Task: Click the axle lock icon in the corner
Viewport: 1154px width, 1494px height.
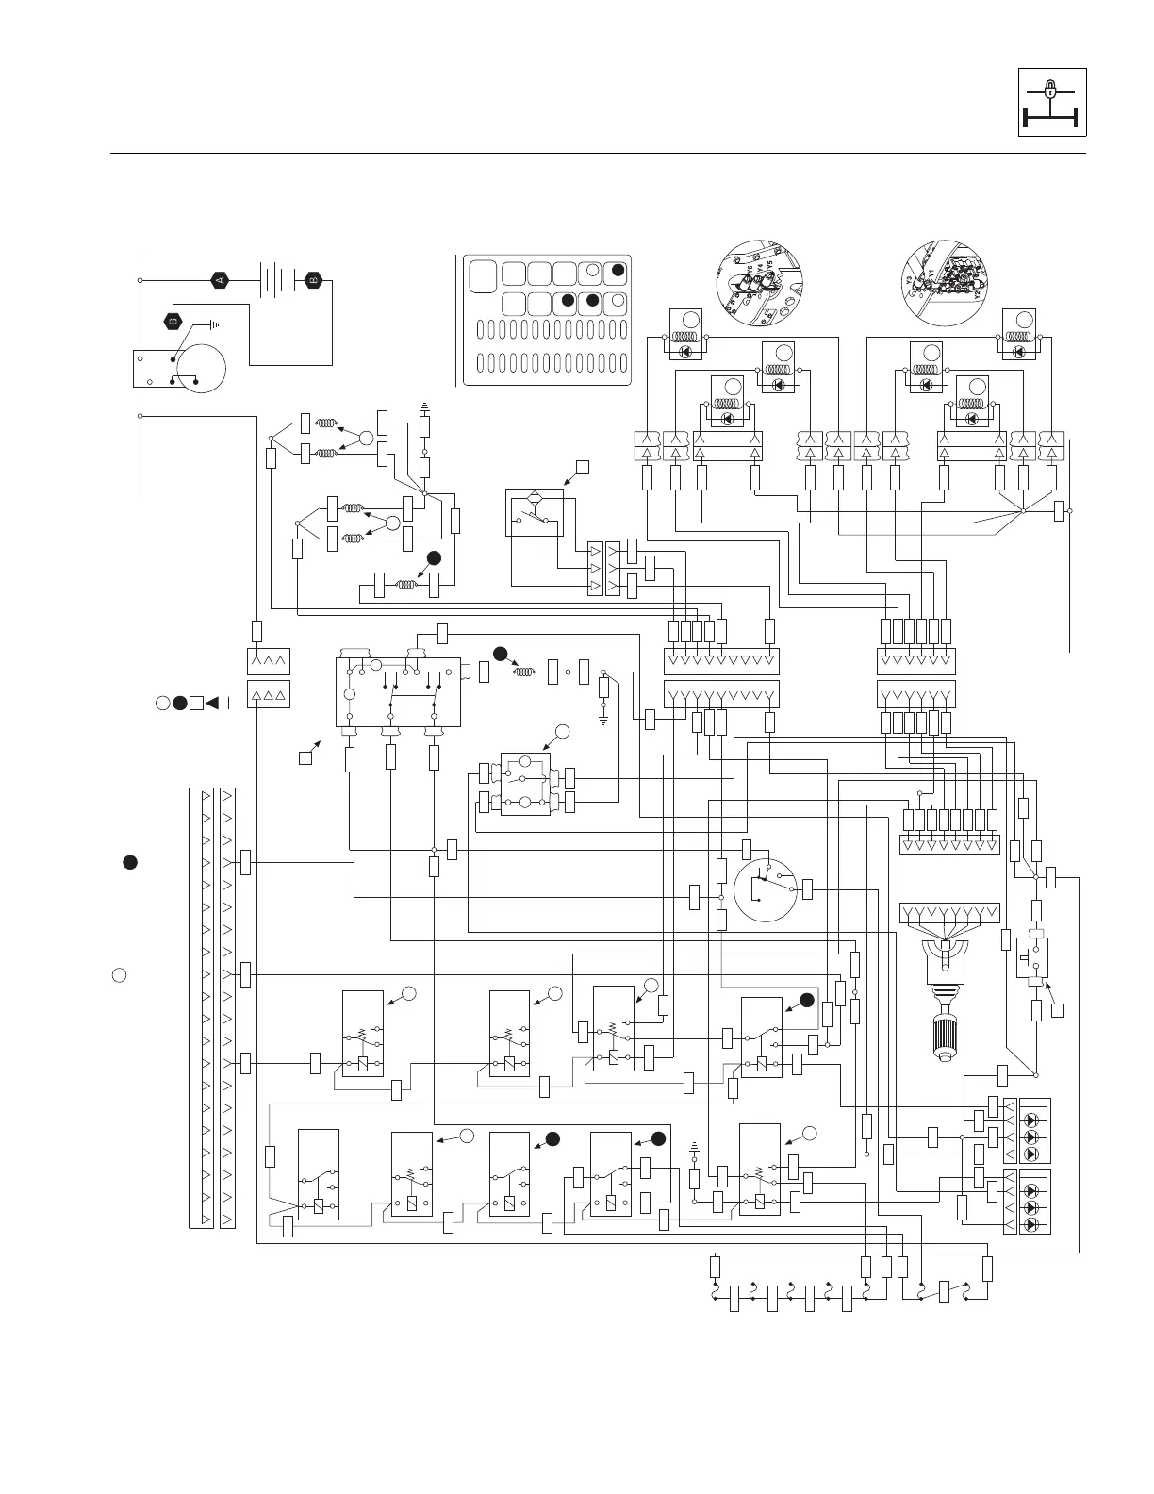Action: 1052,102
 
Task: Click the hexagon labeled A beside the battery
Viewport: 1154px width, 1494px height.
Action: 220,279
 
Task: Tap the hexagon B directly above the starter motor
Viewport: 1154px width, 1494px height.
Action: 173,321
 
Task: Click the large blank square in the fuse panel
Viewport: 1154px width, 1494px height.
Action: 482,275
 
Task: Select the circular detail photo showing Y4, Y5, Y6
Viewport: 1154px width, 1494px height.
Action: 759,276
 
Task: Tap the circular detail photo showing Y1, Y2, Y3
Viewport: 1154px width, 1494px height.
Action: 943,276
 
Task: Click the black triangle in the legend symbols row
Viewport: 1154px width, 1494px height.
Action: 212,703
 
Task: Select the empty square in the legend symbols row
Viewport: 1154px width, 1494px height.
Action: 194,703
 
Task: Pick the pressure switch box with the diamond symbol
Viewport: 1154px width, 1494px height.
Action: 534,511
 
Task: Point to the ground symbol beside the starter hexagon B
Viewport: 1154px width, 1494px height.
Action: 214,324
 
